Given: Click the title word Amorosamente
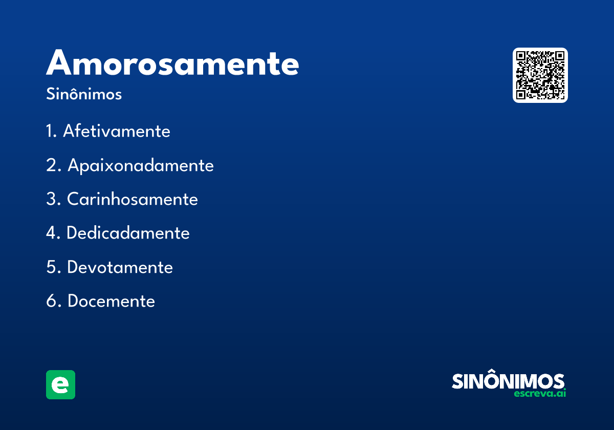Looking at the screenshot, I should click(172, 63).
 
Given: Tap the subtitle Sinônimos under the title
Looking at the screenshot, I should click(84, 95).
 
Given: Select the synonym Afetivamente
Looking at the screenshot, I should click(116, 131).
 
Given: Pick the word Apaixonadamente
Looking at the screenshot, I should click(141, 165).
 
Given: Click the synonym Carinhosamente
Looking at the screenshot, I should click(133, 199).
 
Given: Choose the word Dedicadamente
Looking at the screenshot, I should click(128, 233).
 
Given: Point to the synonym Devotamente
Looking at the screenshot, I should click(120, 267).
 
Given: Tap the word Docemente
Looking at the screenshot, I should click(111, 301).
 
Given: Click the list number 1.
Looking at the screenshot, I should click(50, 131).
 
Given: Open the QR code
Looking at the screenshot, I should click(540, 75).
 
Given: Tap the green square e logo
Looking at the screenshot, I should click(60, 384).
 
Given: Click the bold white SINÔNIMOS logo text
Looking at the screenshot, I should click(508, 381).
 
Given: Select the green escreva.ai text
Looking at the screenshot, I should click(539, 394).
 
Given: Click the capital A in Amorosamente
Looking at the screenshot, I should click(60, 63).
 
